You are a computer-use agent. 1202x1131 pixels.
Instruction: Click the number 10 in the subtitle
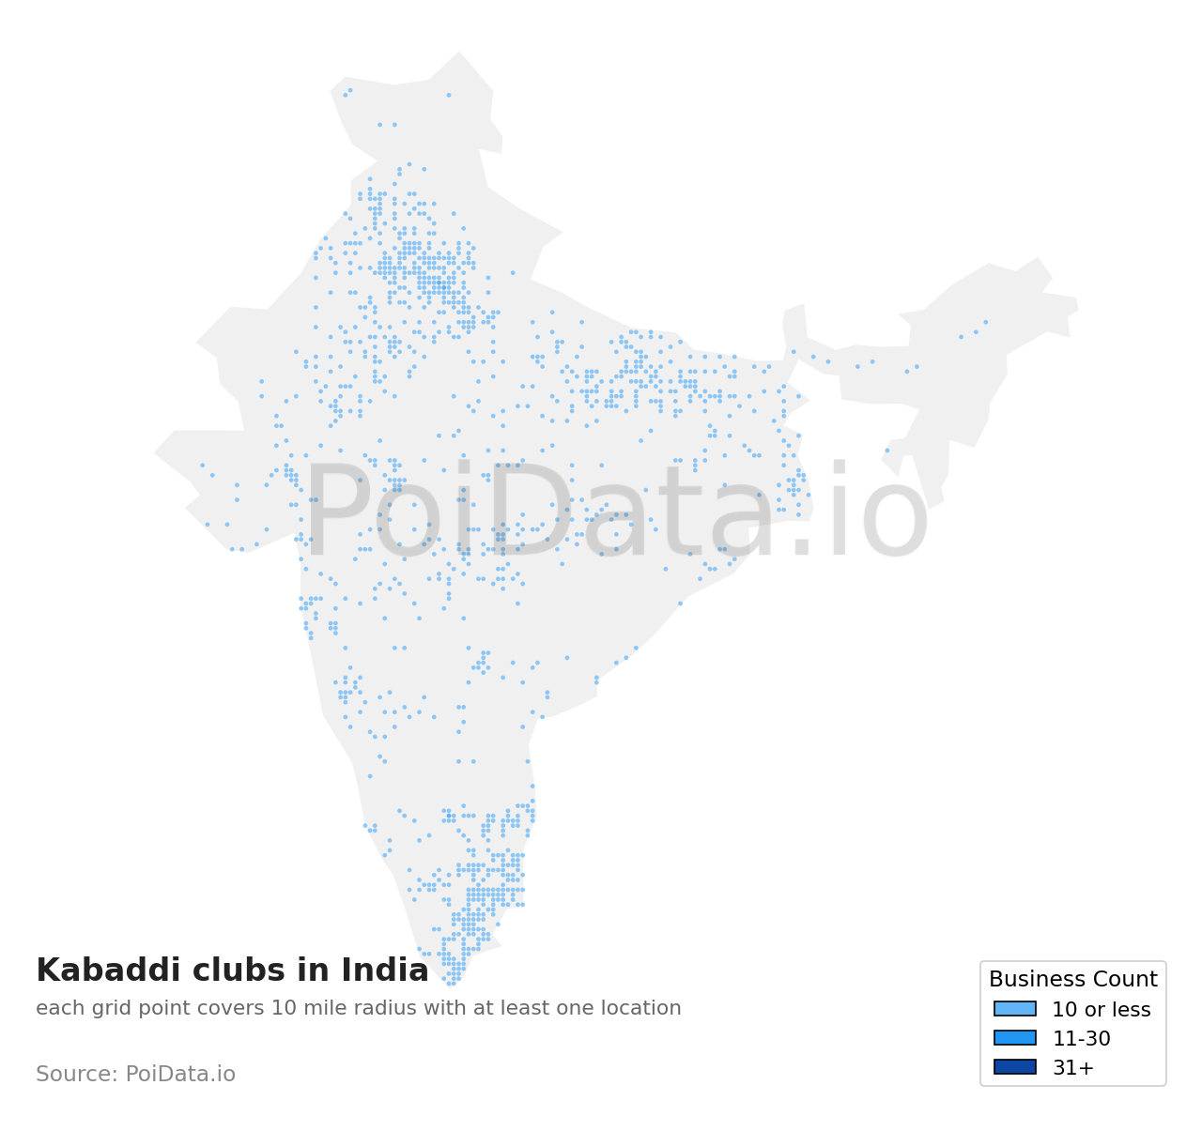click(283, 1009)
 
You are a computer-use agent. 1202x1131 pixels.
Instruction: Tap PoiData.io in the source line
click(180, 1075)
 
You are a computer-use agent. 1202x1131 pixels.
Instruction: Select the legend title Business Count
click(1072, 980)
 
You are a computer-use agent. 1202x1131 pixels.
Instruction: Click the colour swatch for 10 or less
click(1014, 1009)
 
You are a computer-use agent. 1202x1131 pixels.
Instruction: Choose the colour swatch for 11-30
click(1014, 1038)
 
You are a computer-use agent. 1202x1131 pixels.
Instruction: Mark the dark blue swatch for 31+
click(1014, 1067)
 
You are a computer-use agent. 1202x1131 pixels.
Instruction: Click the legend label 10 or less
click(1101, 1010)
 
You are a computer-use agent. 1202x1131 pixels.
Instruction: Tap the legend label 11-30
click(1081, 1039)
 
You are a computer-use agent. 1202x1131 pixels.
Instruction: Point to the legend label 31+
click(1072, 1068)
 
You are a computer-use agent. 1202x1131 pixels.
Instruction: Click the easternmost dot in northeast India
click(985, 322)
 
